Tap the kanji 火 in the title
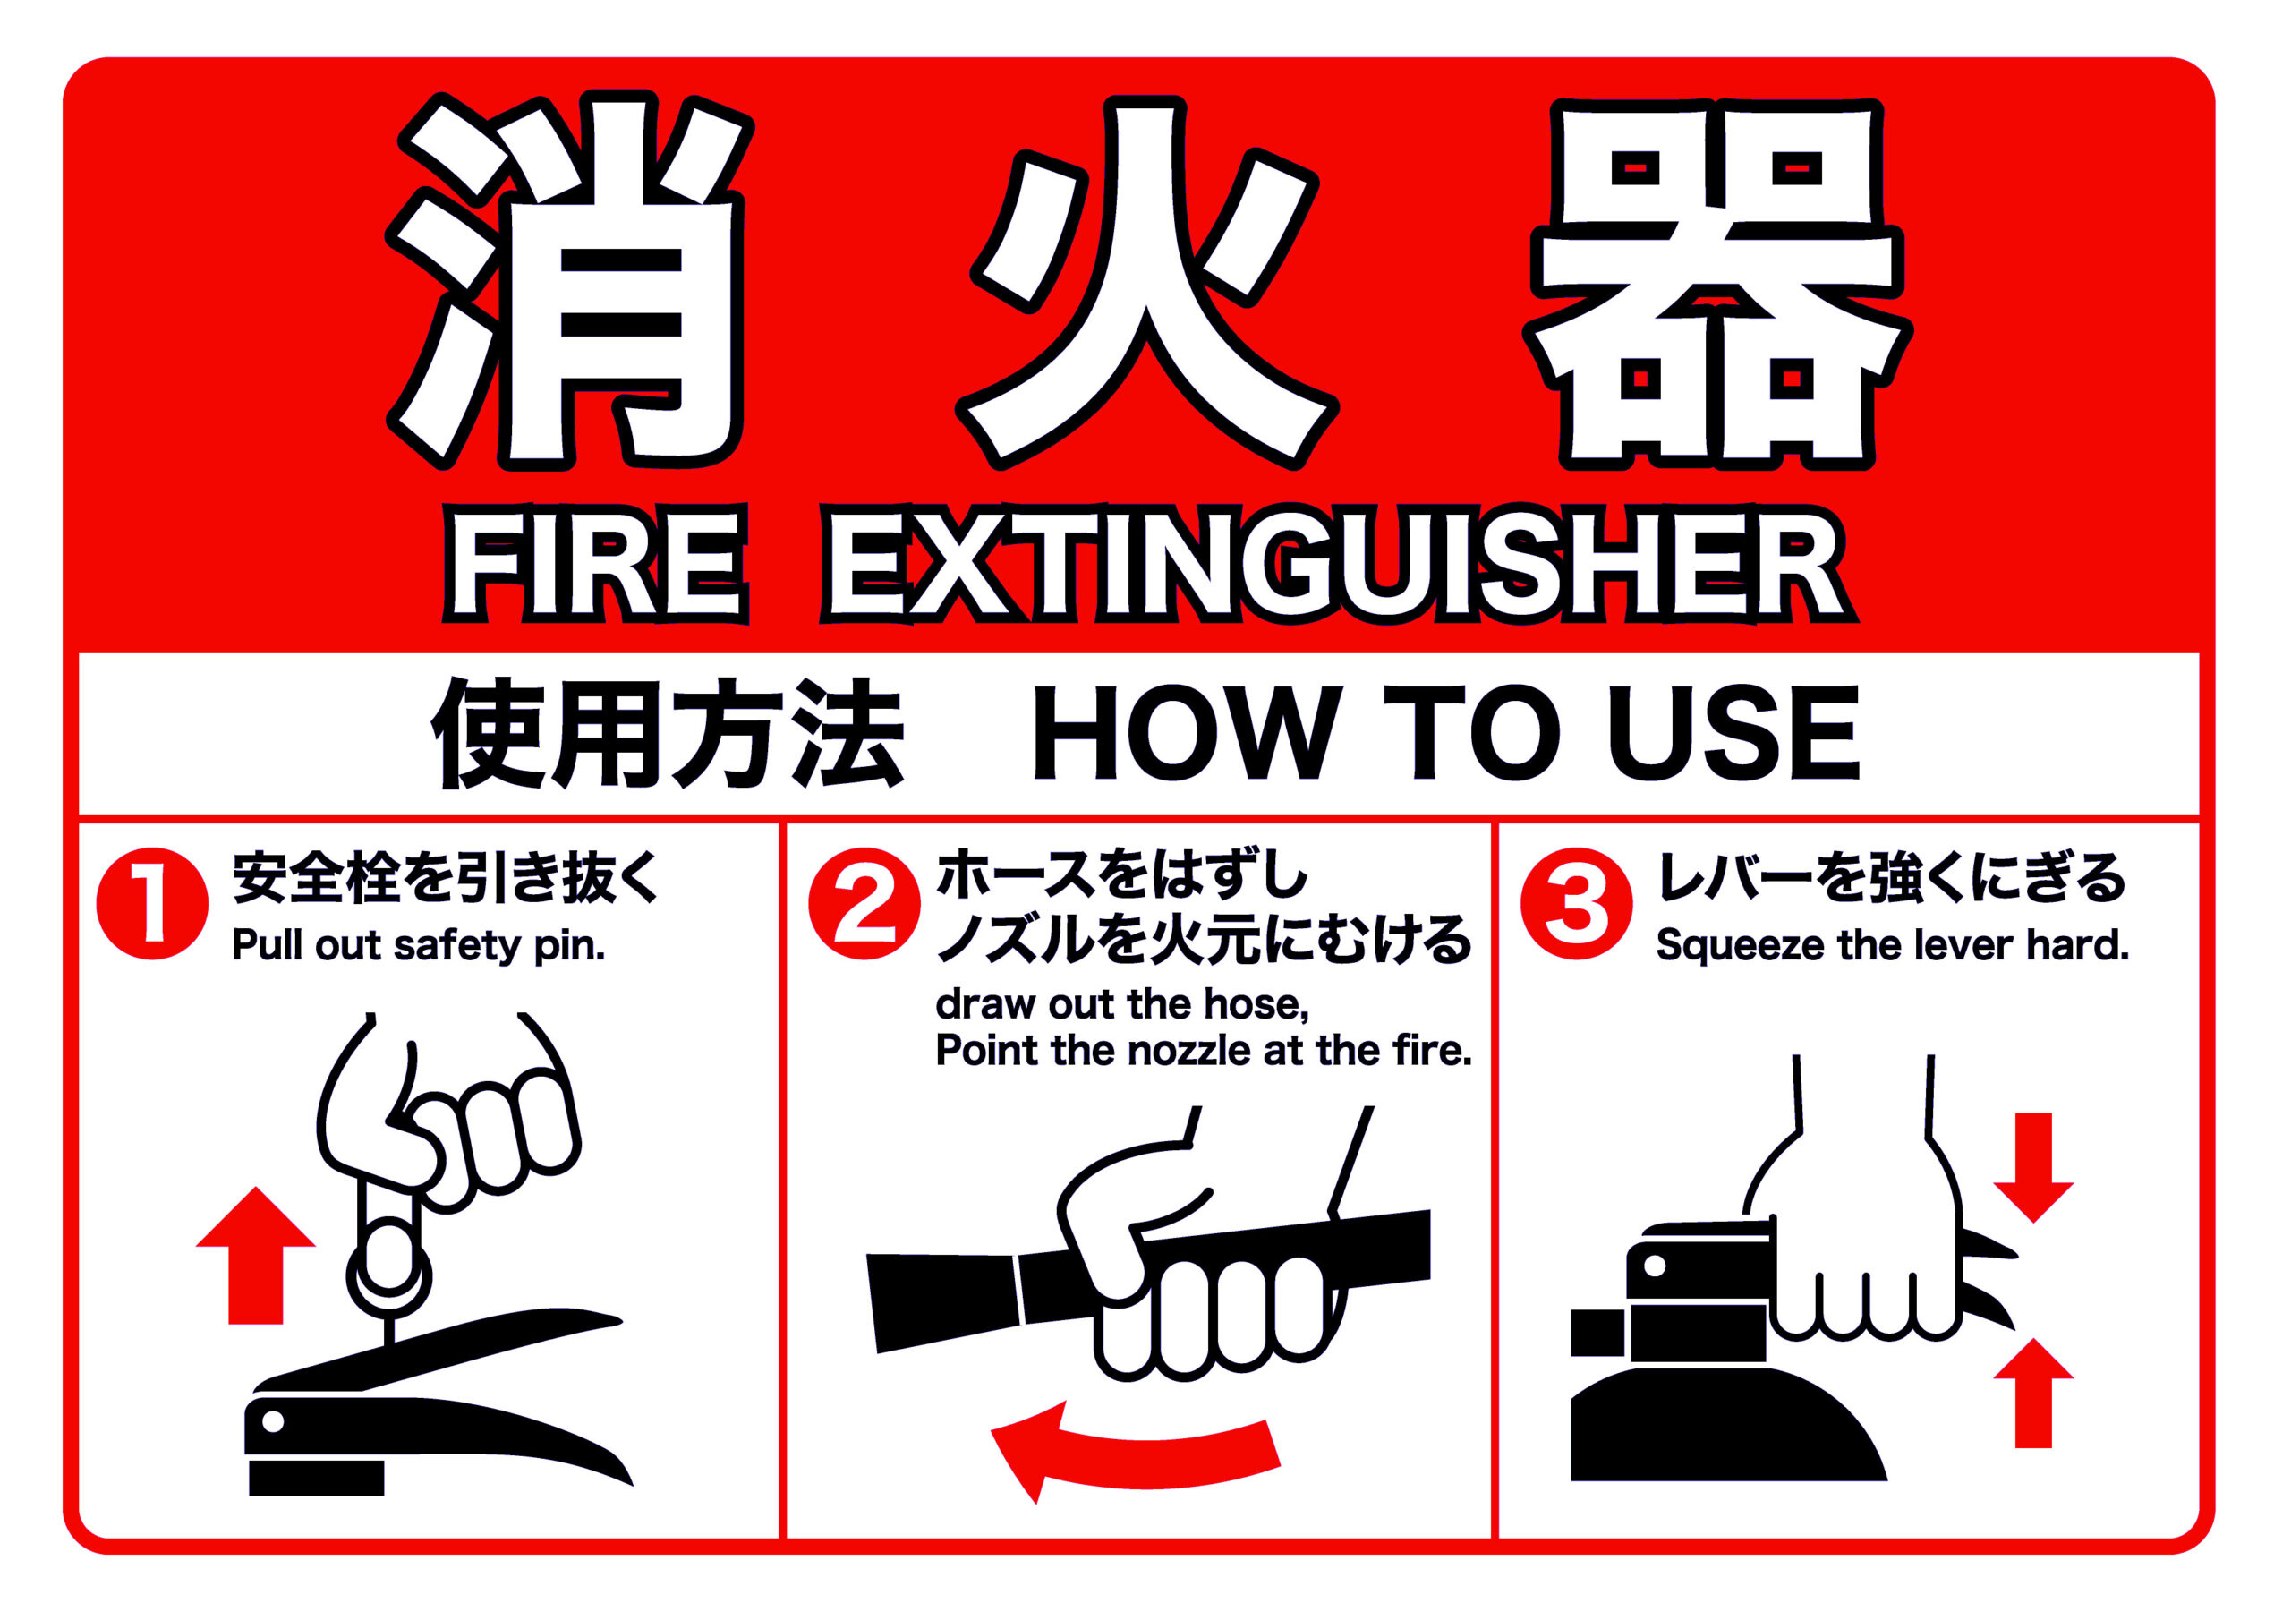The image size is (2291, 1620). [1147, 281]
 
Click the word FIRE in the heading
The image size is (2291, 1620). [596, 564]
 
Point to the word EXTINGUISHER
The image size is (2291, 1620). [1338, 564]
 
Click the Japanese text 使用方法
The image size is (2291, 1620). [668, 734]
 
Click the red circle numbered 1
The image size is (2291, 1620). [153, 904]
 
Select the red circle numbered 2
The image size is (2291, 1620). [864, 904]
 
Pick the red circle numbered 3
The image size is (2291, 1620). [1577, 904]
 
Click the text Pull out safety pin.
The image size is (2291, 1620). [418, 946]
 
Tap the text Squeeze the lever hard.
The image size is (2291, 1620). [1892, 944]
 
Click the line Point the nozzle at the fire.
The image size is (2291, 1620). [1204, 1051]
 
